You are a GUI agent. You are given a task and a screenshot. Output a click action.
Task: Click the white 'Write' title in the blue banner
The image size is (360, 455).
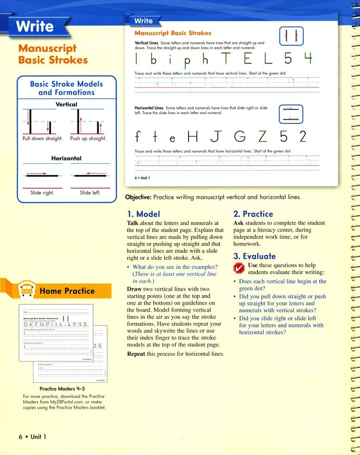[35, 27]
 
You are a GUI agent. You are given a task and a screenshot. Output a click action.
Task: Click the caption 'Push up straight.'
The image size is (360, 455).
[88, 138]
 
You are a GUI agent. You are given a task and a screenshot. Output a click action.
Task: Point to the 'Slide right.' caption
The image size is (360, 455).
[42, 192]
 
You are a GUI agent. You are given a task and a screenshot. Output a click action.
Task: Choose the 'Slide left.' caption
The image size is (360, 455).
[90, 192]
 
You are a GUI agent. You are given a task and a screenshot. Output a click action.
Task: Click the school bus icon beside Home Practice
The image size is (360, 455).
[26, 291]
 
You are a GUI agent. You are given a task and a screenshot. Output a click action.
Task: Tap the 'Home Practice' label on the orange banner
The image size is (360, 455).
[67, 291]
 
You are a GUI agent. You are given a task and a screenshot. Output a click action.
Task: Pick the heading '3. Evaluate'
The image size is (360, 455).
[254, 256]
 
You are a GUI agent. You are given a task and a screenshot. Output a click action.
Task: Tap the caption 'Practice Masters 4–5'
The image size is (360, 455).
[61, 389]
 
